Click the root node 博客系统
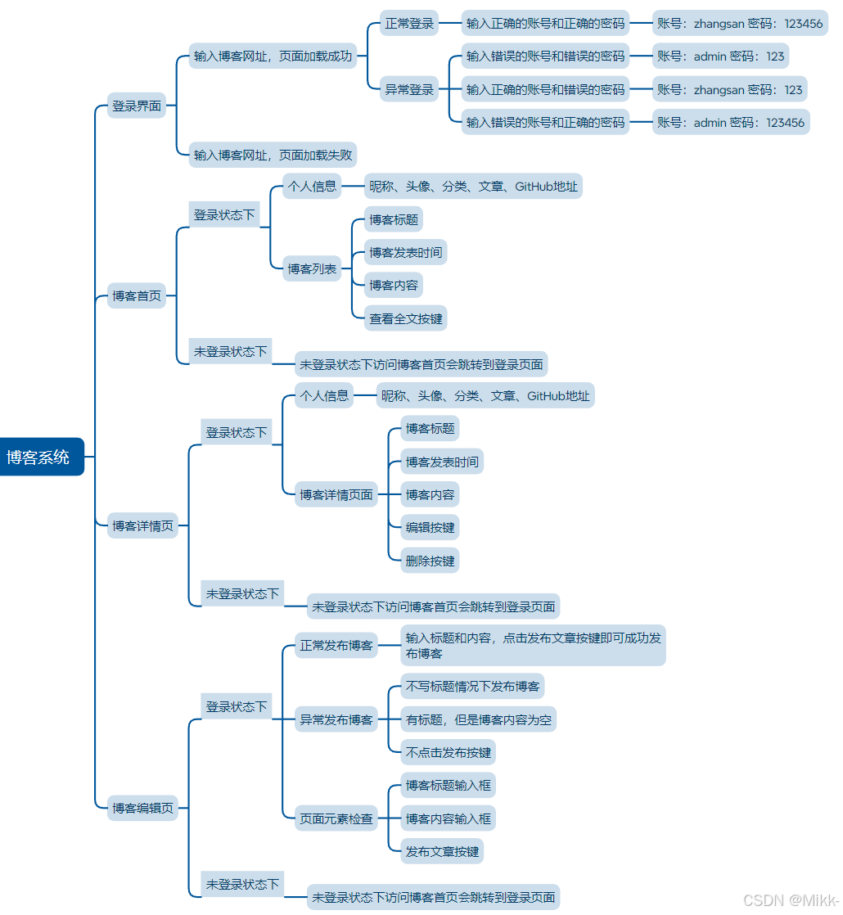(x=38, y=457)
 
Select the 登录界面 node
(x=137, y=106)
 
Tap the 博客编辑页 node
(x=142, y=808)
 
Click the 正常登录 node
(x=409, y=24)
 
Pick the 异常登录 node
(x=409, y=90)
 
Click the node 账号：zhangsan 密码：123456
(x=740, y=24)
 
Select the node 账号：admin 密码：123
(x=720, y=56)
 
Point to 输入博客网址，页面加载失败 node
(x=273, y=155)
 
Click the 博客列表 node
(x=312, y=268)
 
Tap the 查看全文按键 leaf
(x=406, y=318)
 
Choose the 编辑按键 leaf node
(x=430, y=527)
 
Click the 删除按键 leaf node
(x=430, y=561)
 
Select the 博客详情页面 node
(x=336, y=494)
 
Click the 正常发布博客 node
(x=336, y=646)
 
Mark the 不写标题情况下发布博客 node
(x=472, y=686)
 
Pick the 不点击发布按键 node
(x=448, y=752)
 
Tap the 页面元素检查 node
(x=336, y=818)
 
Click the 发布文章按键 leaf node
(x=442, y=851)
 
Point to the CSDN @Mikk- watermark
(x=790, y=899)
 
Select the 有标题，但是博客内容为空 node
(x=478, y=720)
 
